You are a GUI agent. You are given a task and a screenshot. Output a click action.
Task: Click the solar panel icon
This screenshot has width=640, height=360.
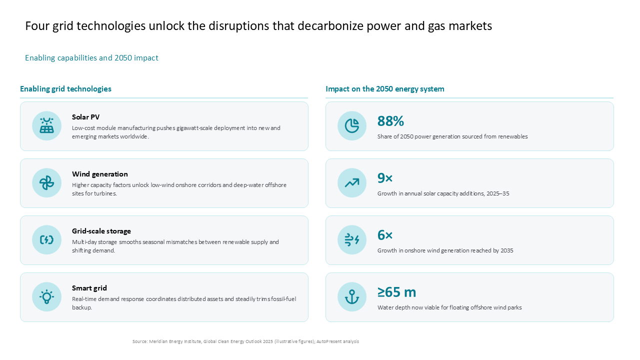[x=46, y=125]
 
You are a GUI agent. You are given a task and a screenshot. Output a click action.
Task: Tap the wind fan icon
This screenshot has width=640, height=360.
[x=46, y=183]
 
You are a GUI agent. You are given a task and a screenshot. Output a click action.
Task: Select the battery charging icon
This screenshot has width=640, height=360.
[x=46, y=239]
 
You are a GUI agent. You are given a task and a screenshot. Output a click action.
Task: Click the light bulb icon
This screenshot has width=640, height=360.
[x=46, y=297]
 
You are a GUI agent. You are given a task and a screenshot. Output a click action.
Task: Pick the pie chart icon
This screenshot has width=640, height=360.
[x=351, y=125]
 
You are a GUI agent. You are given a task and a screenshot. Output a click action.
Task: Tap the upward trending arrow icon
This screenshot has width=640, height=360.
[x=351, y=183]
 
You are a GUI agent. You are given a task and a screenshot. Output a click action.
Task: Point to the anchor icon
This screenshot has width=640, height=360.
[x=351, y=297]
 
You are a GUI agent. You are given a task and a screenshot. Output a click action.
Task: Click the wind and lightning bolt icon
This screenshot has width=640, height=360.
[x=351, y=239]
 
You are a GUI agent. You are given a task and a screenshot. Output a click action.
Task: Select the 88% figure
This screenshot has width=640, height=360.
[x=390, y=121]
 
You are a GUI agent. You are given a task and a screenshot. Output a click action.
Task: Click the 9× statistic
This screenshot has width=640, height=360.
[x=385, y=178]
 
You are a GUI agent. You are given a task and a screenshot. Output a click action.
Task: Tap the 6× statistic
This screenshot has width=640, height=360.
[x=385, y=235]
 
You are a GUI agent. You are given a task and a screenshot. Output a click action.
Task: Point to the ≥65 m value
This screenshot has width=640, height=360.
[x=396, y=292]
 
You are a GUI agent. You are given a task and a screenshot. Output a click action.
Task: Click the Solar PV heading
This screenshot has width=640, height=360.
[x=85, y=117]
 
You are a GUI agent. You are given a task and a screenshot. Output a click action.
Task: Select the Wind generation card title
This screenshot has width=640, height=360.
[x=99, y=174]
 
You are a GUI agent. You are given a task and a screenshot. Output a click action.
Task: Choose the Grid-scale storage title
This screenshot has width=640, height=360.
[x=101, y=231]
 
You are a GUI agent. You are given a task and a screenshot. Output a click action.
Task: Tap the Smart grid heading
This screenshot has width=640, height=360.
[x=89, y=288]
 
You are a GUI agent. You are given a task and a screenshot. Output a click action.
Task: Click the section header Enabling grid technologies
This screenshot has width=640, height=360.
[x=65, y=89]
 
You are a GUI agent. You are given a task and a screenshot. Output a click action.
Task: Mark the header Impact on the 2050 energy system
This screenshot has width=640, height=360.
[x=385, y=89]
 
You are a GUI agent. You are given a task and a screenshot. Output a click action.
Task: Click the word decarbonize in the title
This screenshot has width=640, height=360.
[x=330, y=26]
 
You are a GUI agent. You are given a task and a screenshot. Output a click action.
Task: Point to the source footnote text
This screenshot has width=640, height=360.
[x=245, y=341]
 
